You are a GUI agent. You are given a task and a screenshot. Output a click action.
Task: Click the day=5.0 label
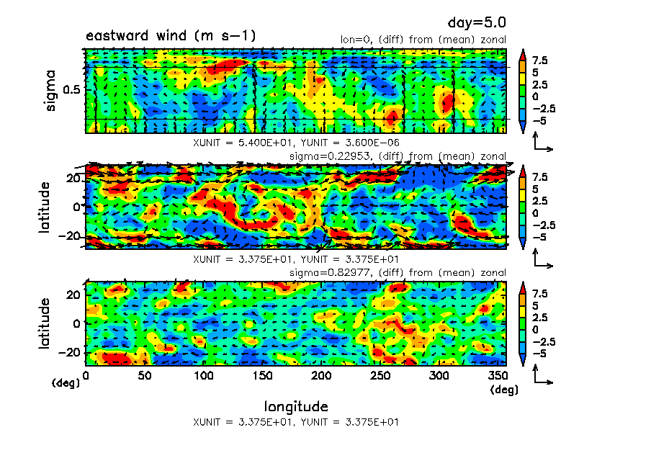481,24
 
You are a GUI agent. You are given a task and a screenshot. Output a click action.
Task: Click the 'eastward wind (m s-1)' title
170,36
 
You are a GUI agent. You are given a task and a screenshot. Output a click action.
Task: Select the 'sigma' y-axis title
50,90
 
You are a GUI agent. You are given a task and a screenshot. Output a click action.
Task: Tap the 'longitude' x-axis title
296,406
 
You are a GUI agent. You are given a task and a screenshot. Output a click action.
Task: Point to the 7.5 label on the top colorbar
540,60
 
